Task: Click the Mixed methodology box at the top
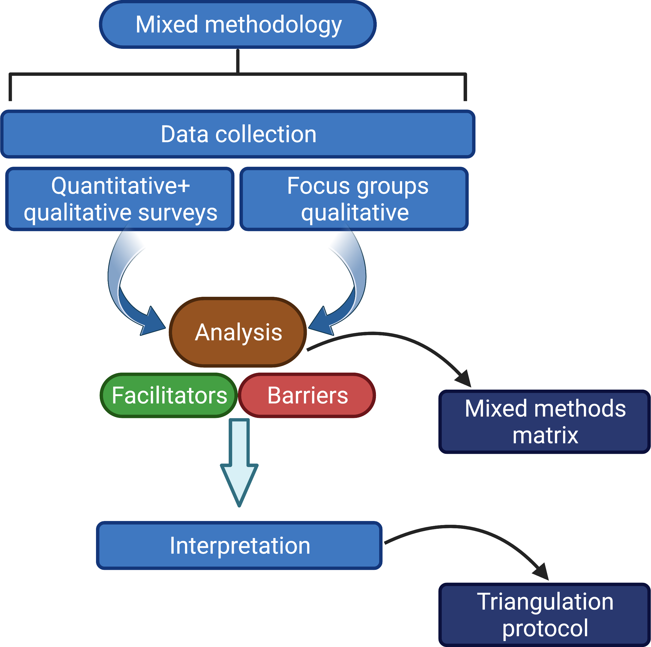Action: (238, 25)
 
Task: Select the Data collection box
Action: (238, 134)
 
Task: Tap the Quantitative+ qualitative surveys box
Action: (120, 199)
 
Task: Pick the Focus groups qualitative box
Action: (354, 199)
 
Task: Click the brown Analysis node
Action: (238, 332)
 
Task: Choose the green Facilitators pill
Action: (169, 395)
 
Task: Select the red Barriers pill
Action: (307, 395)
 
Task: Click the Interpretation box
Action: (239, 546)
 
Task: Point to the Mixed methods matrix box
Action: (544, 422)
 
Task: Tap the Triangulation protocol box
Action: (544, 615)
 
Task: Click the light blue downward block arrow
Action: (239, 462)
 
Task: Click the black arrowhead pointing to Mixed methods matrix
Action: (464, 380)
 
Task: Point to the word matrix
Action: (545, 435)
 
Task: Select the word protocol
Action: (545, 629)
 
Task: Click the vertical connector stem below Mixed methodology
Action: (238, 61)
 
